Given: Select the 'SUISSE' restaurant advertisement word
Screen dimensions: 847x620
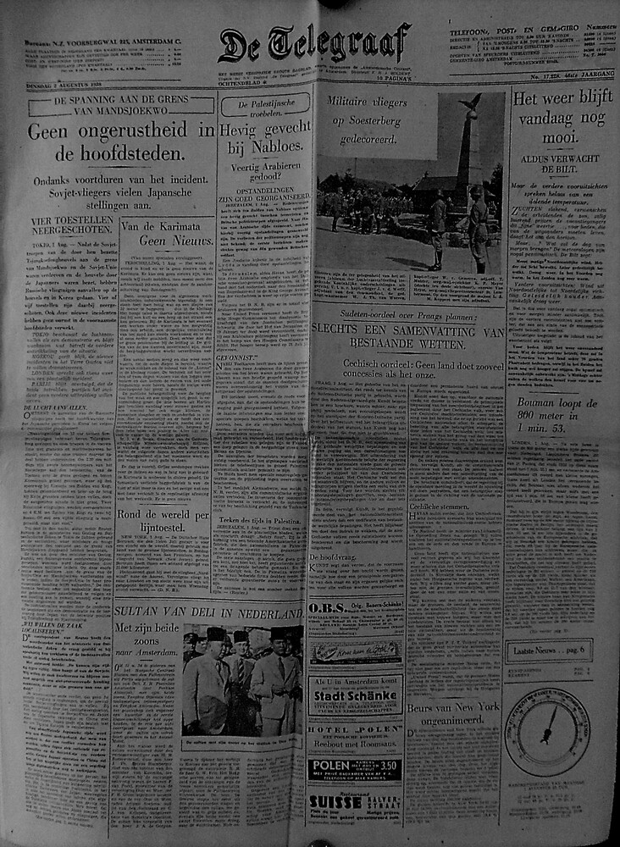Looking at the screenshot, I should [x=335, y=802].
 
